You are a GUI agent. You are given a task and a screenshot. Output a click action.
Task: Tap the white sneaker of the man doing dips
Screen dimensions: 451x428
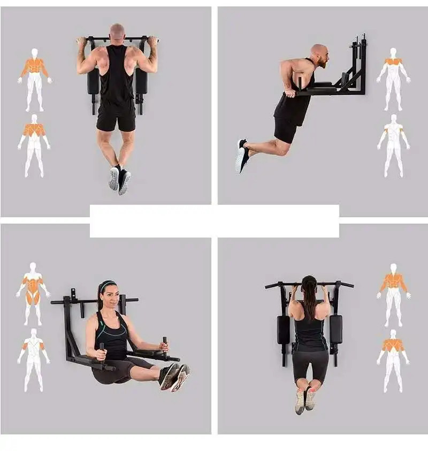click(x=241, y=156)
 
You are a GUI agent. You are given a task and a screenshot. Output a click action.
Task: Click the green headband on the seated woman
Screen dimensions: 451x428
click(x=107, y=285)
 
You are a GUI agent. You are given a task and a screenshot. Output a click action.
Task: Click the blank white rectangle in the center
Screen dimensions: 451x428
click(x=214, y=220)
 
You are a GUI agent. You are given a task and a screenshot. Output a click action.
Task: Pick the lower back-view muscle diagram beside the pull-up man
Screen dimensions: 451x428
click(x=34, y=144)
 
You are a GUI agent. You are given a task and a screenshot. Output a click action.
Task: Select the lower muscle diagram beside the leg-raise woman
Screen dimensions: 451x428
click(x=33, y=359)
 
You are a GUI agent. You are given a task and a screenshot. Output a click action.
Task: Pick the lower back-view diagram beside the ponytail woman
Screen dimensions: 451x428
click(x=394, y=359)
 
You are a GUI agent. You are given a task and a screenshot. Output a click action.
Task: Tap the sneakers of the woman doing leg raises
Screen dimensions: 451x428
click(x=174, y=376)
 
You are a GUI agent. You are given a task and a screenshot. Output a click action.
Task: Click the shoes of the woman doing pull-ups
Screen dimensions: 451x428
click(x=305, y=400)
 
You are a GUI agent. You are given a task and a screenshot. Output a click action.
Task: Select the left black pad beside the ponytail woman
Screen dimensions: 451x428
click(x=283, y=330)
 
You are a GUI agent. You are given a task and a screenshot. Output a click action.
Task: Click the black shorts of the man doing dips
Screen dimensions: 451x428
click(x=286, y=130)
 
